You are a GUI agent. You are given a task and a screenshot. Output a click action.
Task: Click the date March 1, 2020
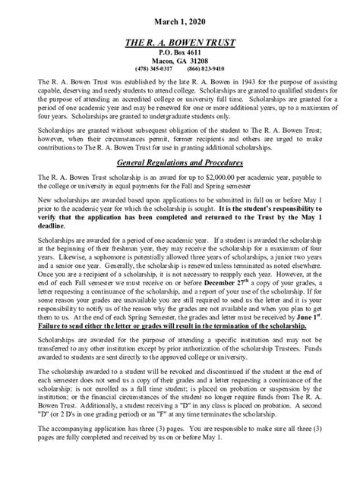pos(179,16)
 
